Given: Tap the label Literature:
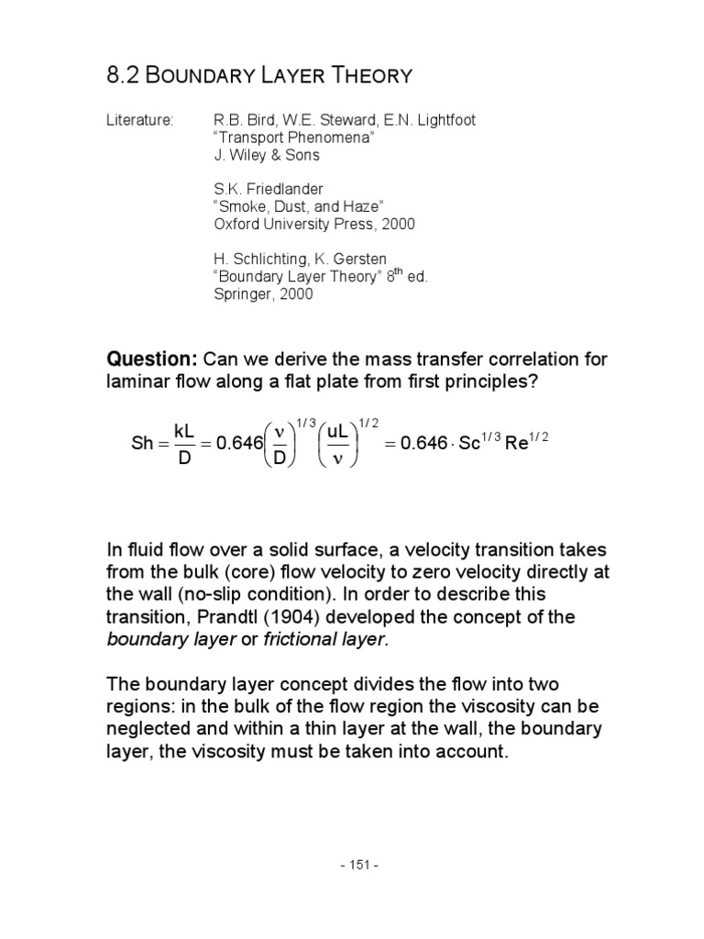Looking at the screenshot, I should (x=140, y=121).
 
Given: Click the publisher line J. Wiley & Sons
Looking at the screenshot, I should (x=266, y=155).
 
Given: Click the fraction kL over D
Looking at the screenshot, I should (x=181, y=443).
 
